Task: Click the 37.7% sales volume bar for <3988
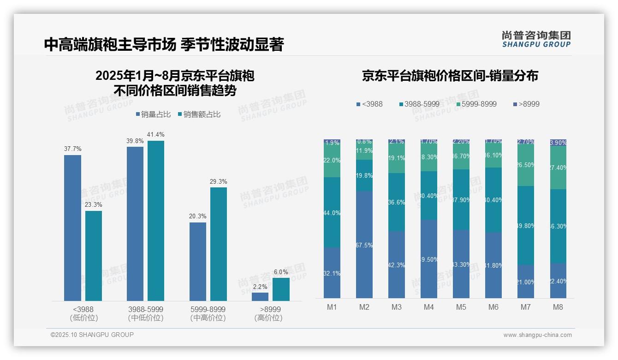(72, 228)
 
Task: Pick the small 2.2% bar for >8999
(260, 297)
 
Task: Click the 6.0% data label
(281, 272)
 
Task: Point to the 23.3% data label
(94, 204)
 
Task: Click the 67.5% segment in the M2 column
(364, 245)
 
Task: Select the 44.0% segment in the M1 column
(332, 212)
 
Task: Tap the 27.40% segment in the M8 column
(558, 168)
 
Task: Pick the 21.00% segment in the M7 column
(526, 282)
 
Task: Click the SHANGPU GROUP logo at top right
(536, 39)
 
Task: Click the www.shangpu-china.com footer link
(537, 335)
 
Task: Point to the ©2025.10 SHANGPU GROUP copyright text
(92, 335)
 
